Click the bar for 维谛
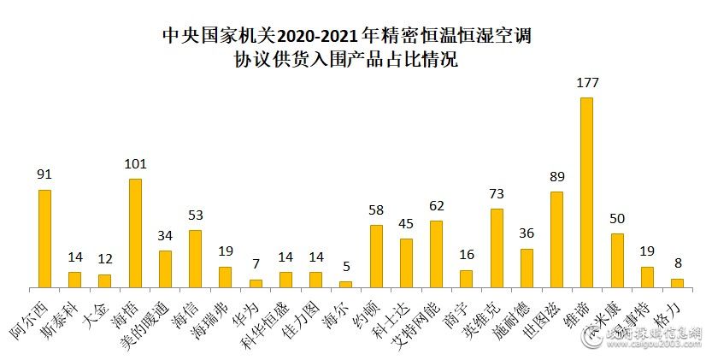[586, 192]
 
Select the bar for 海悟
[135, 233]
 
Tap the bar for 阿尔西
[44, 239]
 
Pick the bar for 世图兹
[556, 239]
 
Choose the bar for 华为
[256, 283]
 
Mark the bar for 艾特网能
[436, 254]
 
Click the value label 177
[587, 84]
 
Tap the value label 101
[135, 164]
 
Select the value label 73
[497, 194]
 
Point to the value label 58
[376, 210]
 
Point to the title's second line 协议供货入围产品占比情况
[352, 62]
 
